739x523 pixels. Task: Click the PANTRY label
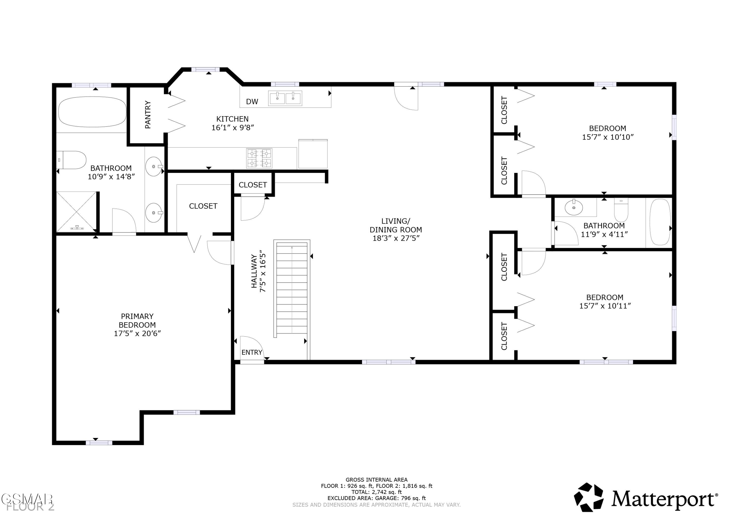click(148, 115)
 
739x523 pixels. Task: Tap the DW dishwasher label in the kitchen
click(252, 102)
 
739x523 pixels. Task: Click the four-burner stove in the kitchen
click(259, 158)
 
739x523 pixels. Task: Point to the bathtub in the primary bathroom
click(92, 111)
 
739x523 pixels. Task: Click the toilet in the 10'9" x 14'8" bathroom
click(71, 160)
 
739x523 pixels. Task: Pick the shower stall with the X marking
click(77, 212)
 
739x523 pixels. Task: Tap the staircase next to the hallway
click(292, 289)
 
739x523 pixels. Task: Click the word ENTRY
click(252, 353)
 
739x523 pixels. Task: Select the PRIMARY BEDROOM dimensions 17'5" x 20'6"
click(137, 334)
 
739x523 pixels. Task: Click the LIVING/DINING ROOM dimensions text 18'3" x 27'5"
click(396, 238)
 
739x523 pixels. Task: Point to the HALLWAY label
click(254, 271)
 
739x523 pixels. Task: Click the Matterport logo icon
click(589, 497)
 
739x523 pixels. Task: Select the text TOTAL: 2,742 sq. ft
click(377, 492)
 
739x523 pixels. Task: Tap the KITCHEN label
click(232, 119)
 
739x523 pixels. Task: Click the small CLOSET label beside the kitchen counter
click(253, 185)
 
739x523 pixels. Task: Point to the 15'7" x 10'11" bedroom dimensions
click(605, 306)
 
